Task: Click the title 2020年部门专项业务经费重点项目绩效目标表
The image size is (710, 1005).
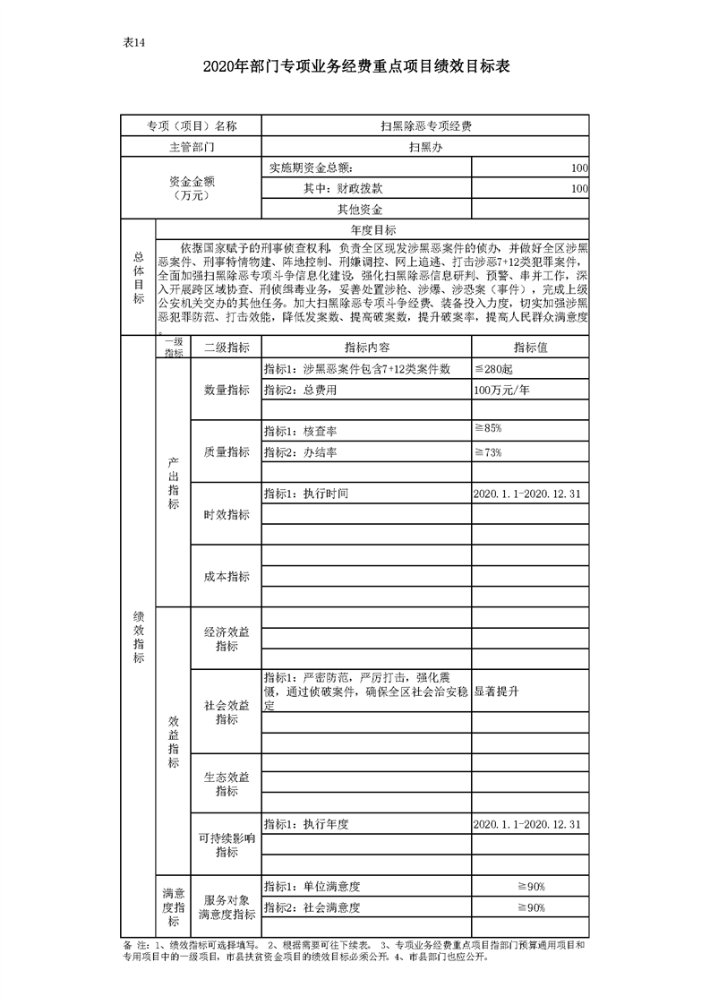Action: [x=355, y=65]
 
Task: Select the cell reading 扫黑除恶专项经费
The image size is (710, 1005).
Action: [x=425, y=126]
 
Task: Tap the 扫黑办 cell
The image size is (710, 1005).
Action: [x=425, y=147]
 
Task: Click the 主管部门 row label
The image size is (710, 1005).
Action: [x=192, y=147]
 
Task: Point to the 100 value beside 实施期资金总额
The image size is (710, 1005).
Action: [x=578, y=167]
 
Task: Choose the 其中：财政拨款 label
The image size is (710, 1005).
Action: [x=343, y=189]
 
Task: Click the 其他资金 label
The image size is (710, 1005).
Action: [x=359, y=210]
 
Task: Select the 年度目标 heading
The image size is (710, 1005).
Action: [x=372, y=230]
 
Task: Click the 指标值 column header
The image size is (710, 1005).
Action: [x=530, y=348]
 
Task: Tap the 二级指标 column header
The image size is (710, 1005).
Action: [x=227, y=348]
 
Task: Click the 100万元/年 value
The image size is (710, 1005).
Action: [x=505, y=391]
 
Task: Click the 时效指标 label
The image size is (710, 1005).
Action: [x=227, y=514]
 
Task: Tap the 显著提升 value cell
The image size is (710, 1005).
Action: [x=497, y=691]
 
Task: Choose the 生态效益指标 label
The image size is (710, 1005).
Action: [x=227, y=784]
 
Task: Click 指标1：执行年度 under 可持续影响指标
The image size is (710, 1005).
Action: [x=305, y=824]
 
